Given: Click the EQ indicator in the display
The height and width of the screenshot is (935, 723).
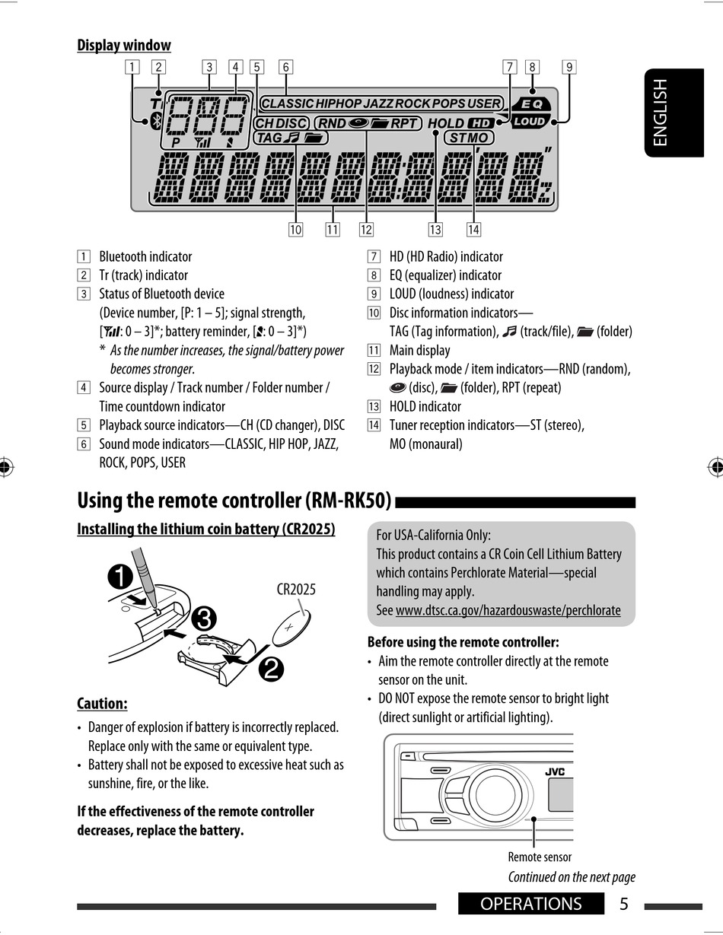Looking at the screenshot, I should click(529, 104).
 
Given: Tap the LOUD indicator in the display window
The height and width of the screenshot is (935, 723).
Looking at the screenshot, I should click(529, 121).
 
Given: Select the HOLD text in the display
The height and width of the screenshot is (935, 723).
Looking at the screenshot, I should click(446, 123).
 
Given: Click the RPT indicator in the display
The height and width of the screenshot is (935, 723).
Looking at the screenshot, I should click(404, 123).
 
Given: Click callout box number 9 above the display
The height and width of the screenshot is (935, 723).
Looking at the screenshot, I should click(569, 67).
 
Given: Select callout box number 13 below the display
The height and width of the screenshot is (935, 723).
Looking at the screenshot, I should click(435, 229).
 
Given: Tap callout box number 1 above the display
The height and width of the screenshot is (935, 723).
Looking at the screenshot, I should click(132, 67).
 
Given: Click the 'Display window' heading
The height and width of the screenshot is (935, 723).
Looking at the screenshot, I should click(124, 46).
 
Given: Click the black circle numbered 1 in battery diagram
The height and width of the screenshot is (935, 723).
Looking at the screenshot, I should click(120, 577).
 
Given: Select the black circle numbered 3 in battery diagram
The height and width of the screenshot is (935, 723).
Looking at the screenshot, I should click(202, 618).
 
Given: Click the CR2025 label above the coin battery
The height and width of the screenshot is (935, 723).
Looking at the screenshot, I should click(296, 589).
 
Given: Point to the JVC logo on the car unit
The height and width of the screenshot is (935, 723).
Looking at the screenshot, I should click(555, 772).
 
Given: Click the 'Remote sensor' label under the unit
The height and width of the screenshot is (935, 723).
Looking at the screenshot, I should click(540, 857).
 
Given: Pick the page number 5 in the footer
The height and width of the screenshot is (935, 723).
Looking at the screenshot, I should click(624, 904).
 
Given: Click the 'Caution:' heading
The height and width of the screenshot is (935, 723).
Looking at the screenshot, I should click(102, 704).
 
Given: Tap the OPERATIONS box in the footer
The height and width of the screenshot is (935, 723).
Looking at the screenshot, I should click(531, 904).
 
